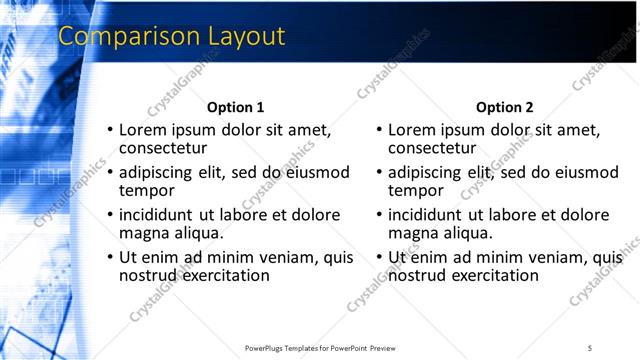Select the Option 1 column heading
(x=236, y=108)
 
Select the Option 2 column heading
(x=505, y=108)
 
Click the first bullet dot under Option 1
(x=111, y=131)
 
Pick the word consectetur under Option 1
(x=162, y=149)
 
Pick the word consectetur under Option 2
(x=431, y=149)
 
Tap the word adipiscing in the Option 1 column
(x=158, y=172)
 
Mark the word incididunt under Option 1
(x=163, y=215)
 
